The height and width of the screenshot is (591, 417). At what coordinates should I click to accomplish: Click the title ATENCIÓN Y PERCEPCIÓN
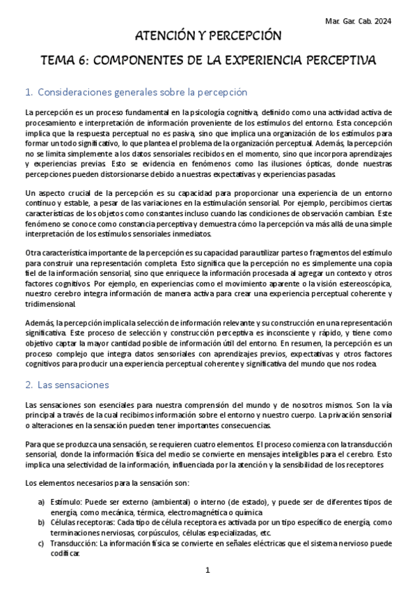208,36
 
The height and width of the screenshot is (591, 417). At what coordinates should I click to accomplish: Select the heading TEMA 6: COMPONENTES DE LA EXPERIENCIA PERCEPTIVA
208,61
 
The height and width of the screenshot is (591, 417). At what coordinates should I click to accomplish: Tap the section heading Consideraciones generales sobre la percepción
143,92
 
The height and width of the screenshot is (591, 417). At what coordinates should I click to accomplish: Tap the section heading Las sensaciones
74,384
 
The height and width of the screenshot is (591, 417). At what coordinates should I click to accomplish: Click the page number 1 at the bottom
208,571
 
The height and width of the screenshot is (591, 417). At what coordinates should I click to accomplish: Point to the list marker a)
41,502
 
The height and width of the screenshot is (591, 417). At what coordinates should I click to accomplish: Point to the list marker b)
41,522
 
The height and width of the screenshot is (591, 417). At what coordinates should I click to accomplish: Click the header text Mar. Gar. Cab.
345,21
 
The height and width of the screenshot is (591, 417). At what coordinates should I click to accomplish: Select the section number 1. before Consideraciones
29,92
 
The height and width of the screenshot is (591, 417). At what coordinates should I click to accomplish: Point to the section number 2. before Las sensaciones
29,384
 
